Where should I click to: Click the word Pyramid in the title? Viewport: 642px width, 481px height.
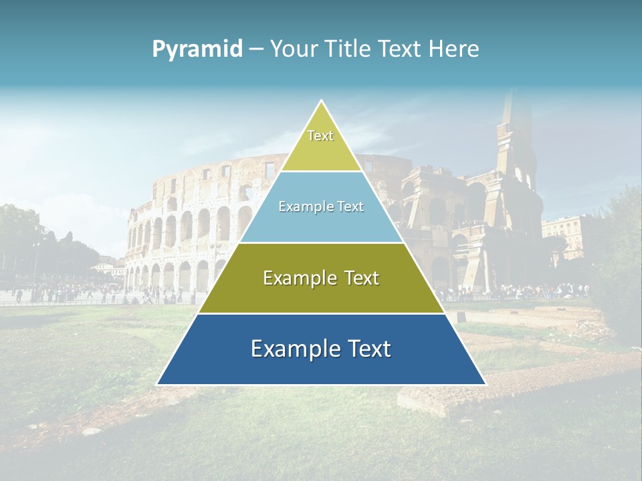197,49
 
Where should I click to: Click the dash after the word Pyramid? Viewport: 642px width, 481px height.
256,49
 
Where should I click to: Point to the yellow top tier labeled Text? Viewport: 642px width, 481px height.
321,144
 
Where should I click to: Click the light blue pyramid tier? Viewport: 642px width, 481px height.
321,217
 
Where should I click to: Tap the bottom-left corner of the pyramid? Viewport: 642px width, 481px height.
158,384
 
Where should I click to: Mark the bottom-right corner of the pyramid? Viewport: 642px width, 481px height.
485,384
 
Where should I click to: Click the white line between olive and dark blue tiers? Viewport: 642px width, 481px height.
321,313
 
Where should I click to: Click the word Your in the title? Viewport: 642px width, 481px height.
293,49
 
